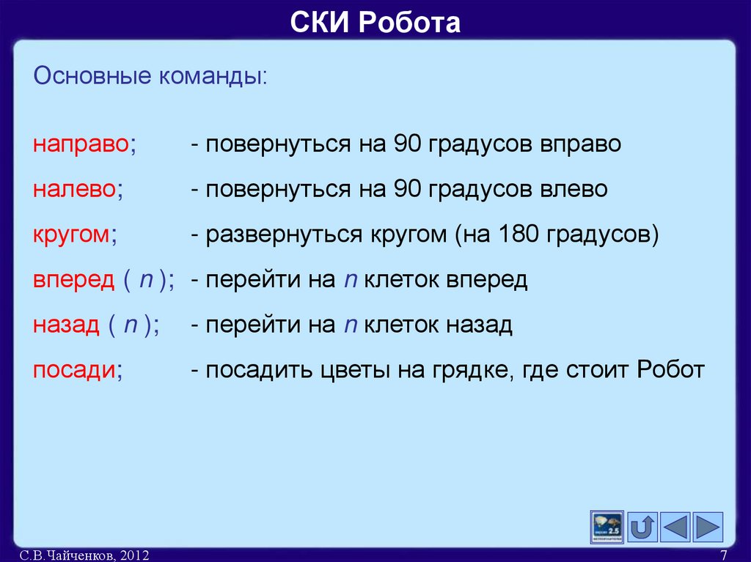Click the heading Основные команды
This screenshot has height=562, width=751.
pos(150,76)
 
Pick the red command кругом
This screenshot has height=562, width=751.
pos(72,235)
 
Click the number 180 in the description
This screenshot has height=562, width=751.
pos(519,235)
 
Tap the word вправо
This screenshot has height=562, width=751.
pos(582,144)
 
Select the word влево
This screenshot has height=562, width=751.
pos(575,190)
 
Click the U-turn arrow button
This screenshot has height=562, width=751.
pos(643,527)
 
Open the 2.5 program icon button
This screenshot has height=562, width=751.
pos(607,527)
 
